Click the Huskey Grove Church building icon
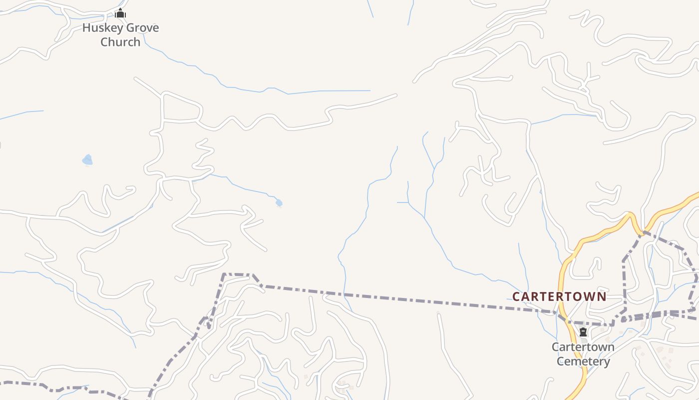(x=120, y=13)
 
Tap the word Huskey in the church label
(x=102, y=27)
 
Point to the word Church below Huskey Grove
(x=120, y=41)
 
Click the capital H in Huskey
(x=86, y=27)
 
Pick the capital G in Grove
(x=129, y=27)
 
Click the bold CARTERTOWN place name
(x=559, y=296)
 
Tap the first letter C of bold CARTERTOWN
(x=517, y=296)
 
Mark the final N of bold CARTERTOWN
(x=602, y=296)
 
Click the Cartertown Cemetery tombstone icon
(x=583, y=332)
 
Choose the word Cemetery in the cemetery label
(x=583, y=361)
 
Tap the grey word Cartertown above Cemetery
(x=583, y=347)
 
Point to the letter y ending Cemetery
(x=607, y=362)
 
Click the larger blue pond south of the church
(x=87, y=160)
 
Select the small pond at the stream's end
(x=279, y=202)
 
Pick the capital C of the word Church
(x=104, y=41)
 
